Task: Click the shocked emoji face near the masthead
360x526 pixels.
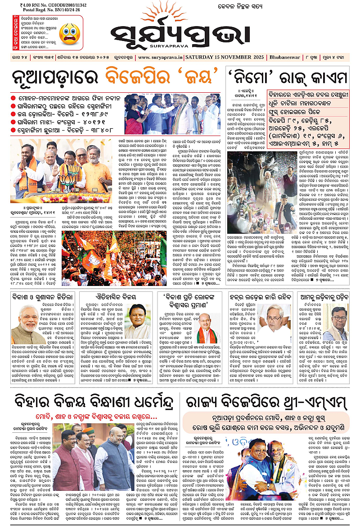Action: point(70,32)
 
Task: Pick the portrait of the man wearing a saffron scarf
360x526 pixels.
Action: point(207,328)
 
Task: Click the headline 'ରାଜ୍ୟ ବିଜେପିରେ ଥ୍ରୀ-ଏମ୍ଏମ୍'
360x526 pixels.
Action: point(265,400)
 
